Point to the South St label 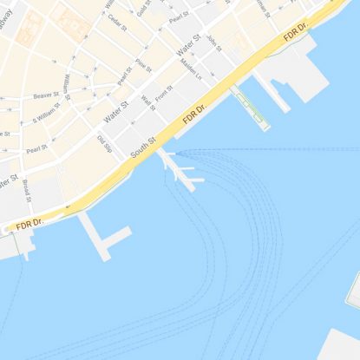[143, 147]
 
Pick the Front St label [164, 94]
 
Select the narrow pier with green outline [249, 108]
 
